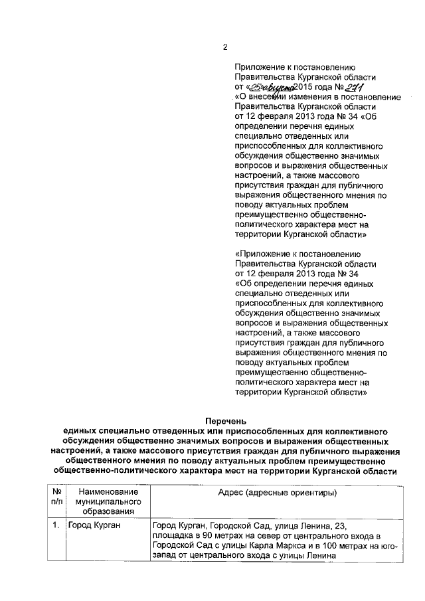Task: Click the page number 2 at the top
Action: [x=225, y=47]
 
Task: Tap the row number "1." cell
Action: [x=55, y=526]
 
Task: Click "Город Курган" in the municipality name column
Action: [x=94, y=526]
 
